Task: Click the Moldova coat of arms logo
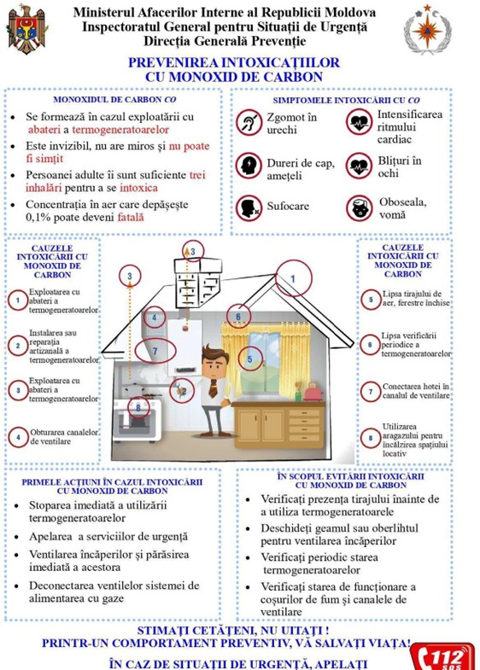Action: pos(26,29)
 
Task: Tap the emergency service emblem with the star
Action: pos(427,30)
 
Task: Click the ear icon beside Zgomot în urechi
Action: pos(249,123)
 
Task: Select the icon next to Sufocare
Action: pos(249,208)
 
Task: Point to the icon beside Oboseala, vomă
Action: pos(360,208)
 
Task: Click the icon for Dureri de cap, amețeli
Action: pos(249,166)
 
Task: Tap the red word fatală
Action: pos(131,217)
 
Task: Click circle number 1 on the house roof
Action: pos(293,278)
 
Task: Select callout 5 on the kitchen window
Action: pos(250,358)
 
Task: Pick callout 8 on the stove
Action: pos(138,408)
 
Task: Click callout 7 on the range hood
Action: pos(155,352)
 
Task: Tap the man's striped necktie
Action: pos(213,388)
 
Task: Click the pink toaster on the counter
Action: pos(313,392)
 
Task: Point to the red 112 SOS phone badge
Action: pos(442,656)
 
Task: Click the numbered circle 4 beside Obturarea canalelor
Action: pos(19,437)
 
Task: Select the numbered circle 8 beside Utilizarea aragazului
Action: pos(371,438)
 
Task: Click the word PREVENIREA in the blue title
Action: pos(173,63)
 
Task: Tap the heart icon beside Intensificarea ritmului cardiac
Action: pos(360,122)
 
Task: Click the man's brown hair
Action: pos(215,352)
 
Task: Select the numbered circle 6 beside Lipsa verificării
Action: pos(371,345)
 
